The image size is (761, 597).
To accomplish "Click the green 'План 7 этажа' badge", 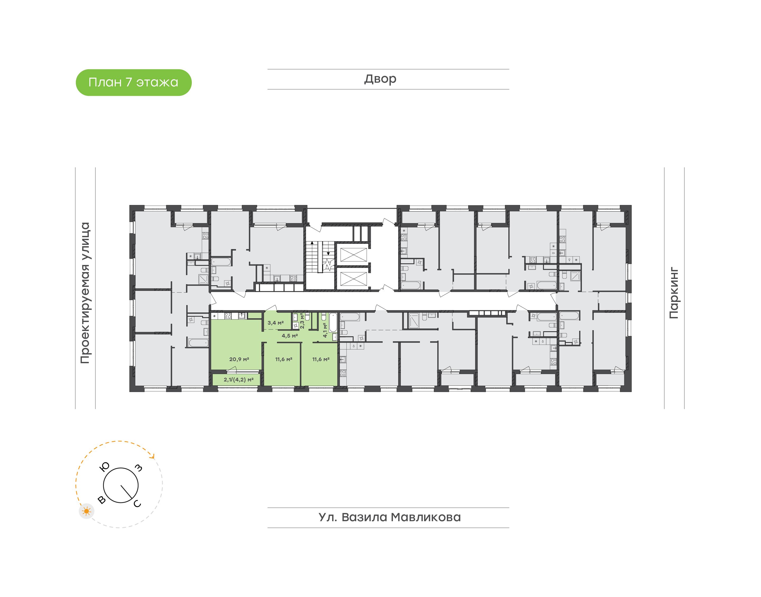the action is click(x=133, y=82).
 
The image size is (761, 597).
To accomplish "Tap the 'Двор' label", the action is click(x=380, y=79).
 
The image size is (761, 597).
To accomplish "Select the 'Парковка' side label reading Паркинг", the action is click(x=674, y=293).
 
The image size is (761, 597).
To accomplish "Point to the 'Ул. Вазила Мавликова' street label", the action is click(x=389, y=517).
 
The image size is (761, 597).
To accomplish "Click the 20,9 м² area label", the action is click(x=239, y=359).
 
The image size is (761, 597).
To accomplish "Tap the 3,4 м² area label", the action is click(x=275, y=323).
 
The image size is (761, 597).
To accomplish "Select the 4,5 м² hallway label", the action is click(x=290, y=335).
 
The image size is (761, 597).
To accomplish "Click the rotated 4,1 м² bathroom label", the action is click(x=325, y=330).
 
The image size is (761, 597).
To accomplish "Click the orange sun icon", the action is click(x=86, y=511).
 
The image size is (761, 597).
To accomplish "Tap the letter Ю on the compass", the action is click(x=105, y=467).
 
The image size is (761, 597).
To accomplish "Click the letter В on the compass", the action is click(x=101, y=500).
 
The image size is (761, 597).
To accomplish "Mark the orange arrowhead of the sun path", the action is click(x=152, y=455).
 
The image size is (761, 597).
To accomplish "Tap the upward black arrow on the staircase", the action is click(x=312, y=242).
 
